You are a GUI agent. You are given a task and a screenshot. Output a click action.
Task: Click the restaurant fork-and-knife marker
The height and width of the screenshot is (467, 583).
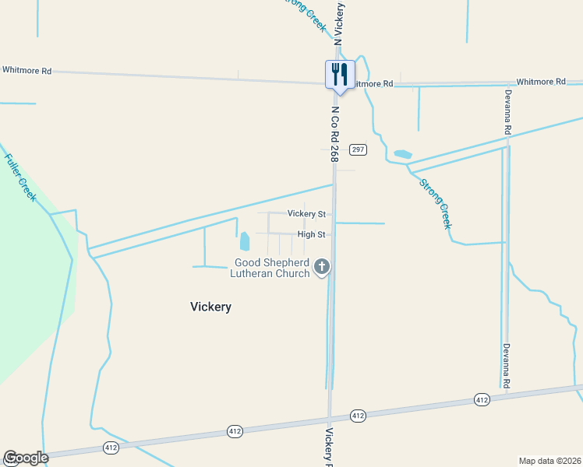(x=340, y=75)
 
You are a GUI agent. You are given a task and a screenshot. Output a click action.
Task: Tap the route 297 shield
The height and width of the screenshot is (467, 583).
(x=358, y=149)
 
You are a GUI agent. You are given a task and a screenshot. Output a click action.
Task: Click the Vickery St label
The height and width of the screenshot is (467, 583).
(x=306, y=213)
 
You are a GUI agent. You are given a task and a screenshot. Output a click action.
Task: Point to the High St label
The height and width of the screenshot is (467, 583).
(x=311, y=234)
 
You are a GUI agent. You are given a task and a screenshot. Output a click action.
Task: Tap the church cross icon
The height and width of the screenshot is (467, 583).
(x=321, y=268)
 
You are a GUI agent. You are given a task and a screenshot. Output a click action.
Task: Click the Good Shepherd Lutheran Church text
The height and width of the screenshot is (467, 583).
(x=271, y=268)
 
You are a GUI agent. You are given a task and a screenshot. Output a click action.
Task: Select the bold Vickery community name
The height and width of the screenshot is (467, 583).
(x=210, y=307)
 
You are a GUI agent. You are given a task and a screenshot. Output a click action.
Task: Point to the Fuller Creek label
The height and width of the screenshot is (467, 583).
(x=20, y=177)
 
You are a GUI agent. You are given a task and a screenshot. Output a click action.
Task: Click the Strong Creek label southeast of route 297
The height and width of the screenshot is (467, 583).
(x=435, y=203)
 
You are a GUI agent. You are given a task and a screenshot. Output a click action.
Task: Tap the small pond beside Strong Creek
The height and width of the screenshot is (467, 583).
(x=402, y=154)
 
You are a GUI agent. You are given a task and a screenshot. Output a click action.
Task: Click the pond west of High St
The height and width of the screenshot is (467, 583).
(x=244, y=241)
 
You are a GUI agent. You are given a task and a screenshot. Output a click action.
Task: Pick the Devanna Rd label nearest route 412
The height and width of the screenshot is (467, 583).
(x=506, y=366)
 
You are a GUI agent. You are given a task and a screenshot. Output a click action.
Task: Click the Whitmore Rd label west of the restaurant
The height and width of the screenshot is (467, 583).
(x=26, y=70)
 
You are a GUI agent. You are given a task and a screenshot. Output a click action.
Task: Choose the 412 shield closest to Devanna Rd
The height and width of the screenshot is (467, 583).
(x=482, y=399)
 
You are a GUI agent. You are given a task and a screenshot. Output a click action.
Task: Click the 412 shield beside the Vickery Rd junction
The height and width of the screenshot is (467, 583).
(x=358, y=416)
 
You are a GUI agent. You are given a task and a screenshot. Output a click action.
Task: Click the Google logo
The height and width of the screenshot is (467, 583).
(x=26, y=458)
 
